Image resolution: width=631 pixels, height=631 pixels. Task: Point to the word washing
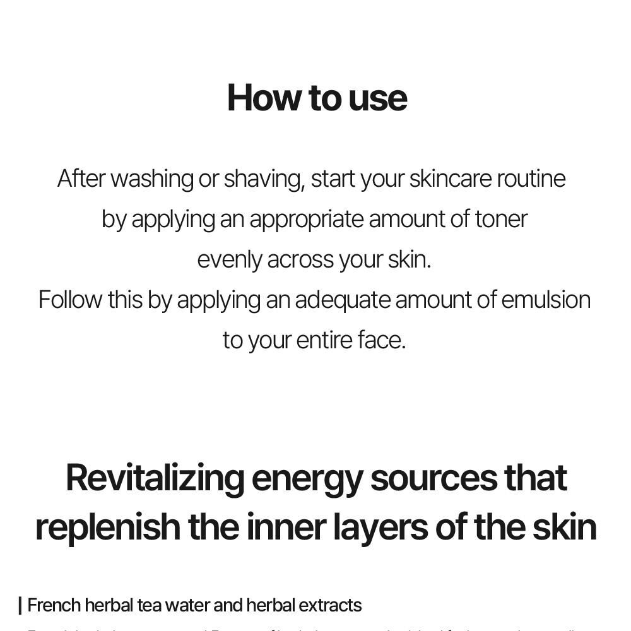point(152,179)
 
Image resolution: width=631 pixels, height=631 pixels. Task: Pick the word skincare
point(450,179)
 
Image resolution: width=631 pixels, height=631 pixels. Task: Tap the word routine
point(531,179)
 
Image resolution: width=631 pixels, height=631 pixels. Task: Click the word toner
point(501,219)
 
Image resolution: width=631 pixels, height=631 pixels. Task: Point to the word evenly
point(229,260)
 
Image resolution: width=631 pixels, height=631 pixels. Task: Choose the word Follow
point(70,299)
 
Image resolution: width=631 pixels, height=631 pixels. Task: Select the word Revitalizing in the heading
point(155,478)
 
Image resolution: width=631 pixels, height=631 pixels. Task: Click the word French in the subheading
point(54,606)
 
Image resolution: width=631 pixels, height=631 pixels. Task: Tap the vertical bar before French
point(20,606)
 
